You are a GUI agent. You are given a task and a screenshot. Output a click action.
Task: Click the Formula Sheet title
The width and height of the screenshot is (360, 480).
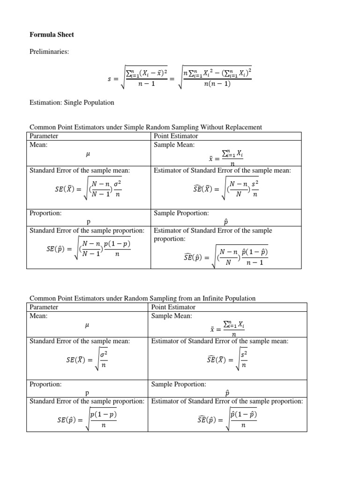pyautogui.click(x=52, y=35)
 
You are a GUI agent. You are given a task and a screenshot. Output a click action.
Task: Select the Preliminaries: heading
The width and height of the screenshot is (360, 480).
pyautogui.click(x=49, y=52)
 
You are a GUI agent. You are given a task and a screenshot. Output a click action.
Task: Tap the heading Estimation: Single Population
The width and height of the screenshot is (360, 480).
pyautogui.click(x=72, y=102)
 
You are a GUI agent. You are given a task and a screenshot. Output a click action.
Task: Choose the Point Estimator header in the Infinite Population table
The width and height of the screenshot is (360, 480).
pyautogui.click(x=173, y=307)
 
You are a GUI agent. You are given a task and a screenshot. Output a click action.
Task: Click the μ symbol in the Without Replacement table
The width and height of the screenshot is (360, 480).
pyautogui.click(x=88, y=153)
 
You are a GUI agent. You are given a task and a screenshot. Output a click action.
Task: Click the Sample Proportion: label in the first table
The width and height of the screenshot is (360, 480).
pyautogui.click(x=181, y=213)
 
